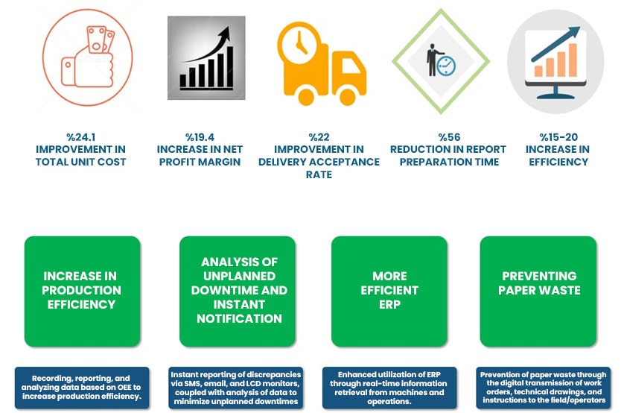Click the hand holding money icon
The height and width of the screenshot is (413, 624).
(88, 57)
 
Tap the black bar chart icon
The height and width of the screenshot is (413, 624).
(206, 57)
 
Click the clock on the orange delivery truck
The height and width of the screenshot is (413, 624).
(299, 42)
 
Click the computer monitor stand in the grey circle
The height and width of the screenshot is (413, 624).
(555, 93)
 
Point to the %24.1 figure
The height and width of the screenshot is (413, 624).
(80, 137)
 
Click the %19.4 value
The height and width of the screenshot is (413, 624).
(200, 137)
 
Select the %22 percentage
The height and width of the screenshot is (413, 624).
(319, 137)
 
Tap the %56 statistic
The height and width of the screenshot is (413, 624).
(449, 137)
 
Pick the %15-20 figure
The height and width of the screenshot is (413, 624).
(558, 137)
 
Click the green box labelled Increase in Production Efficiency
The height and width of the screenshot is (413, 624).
(83, 291)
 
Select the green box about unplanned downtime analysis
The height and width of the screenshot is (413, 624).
(238, 291)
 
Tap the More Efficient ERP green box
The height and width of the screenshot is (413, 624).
(389, 291)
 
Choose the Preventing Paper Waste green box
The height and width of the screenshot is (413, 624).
(538, 291)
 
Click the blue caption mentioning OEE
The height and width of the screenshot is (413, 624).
(82, 388)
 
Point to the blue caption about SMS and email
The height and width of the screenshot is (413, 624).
(235, 388)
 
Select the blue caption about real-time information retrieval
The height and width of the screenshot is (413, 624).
(389, 388)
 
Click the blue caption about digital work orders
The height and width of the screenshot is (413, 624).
(544, 388)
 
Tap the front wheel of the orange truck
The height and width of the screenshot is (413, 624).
(347, 96)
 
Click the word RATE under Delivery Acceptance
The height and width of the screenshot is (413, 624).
(319, 174)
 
